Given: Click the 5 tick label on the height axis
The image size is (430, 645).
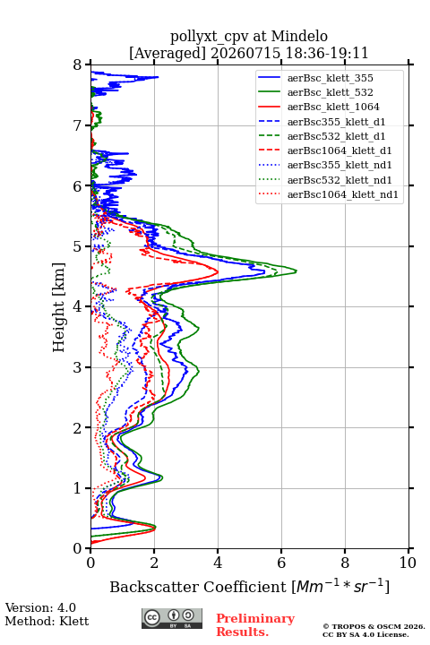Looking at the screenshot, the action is click(x=78, y=247).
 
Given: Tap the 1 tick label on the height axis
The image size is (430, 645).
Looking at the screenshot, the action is click(x=78, y=488).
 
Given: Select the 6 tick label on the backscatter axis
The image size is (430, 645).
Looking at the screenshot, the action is click(x=281, y=563).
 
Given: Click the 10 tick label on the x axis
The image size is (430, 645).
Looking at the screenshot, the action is click(x=408, y=563).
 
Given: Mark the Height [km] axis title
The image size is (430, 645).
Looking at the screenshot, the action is click(x=59, y=307).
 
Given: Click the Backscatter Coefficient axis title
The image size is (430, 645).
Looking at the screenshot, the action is click(x=249, y=587).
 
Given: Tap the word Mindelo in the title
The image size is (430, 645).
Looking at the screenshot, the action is click(x=299, y=36).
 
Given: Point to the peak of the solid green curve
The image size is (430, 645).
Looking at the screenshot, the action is click(x=297, y=271).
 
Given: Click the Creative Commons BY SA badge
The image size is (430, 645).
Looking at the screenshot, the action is click(x=172, y=619).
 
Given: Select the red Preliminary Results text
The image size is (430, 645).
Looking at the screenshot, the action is click(x=255, y=625).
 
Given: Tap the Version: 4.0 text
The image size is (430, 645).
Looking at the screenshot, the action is click(x=40, y=607).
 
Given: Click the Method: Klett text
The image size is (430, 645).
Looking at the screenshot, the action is click(x=47, y=621).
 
